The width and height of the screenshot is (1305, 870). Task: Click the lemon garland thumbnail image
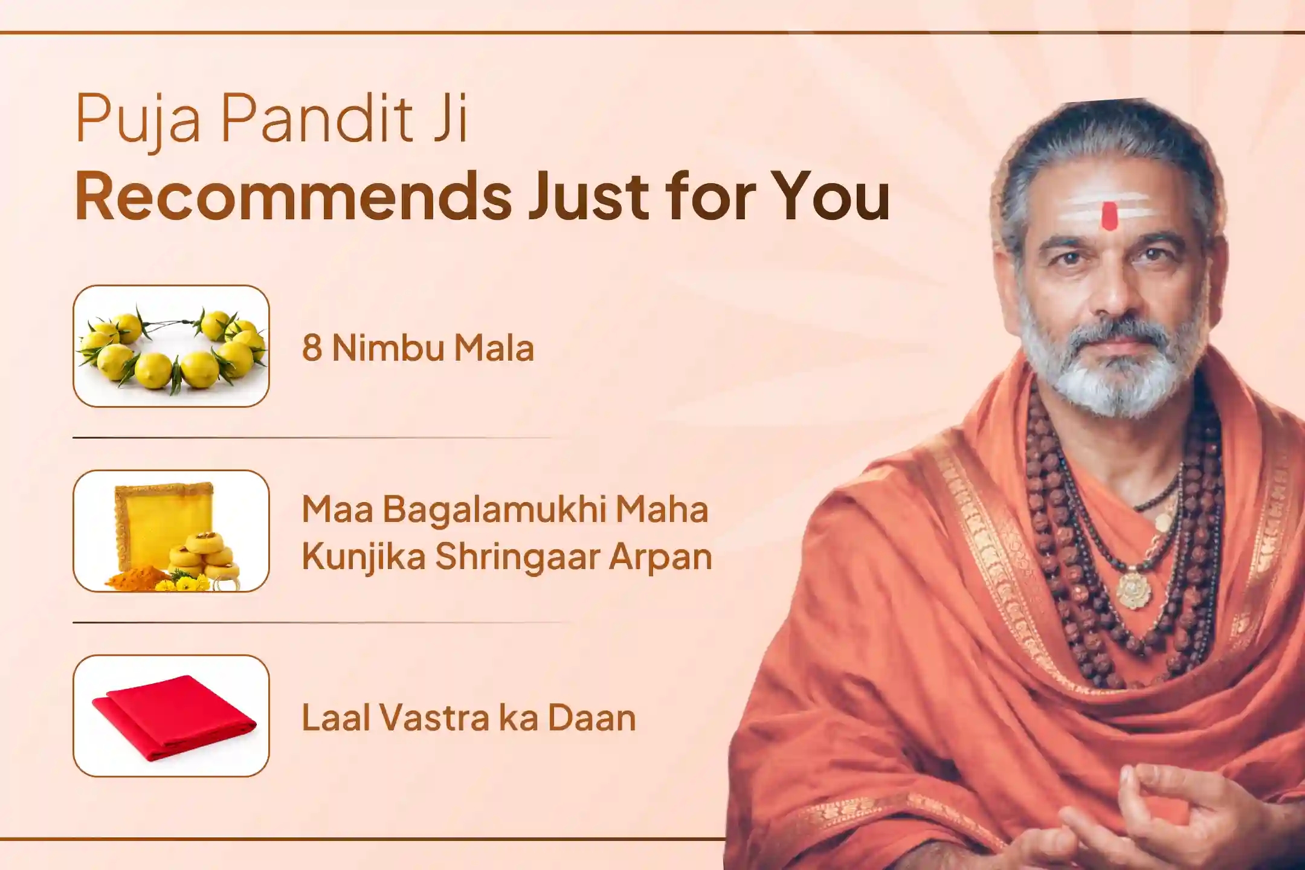click(x=171, y=346)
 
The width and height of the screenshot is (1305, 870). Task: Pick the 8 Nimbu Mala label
click(x=418, y=348)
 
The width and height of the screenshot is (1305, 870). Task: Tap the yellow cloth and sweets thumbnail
click(x=171, y=531)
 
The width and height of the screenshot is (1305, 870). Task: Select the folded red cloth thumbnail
click(x=171, y=716)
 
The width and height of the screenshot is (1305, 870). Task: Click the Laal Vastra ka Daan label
click(x=469, y=718)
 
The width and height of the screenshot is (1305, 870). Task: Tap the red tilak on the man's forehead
click(x=1109, y=216)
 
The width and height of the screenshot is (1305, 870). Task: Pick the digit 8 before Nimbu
click(x=312, y=348)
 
